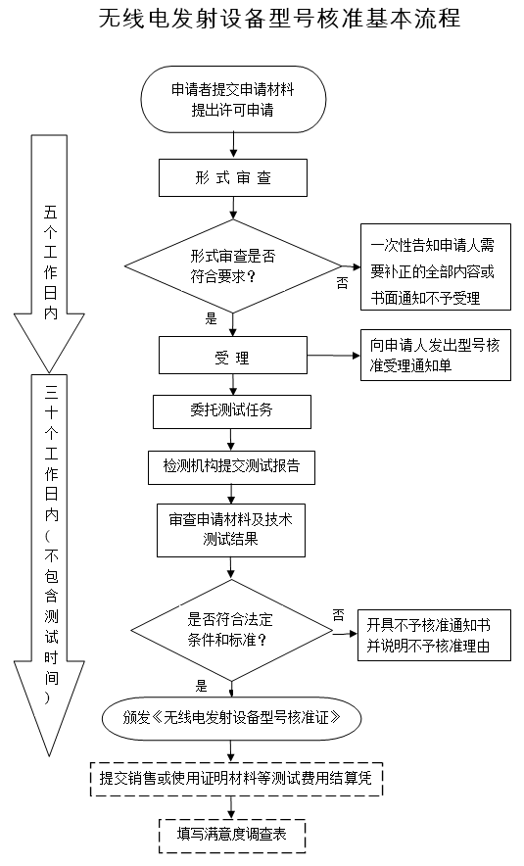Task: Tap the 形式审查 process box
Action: [x=232, y=179]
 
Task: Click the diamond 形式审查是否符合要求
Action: [x=232, y=265]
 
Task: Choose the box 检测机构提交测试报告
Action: [x=232, y=467]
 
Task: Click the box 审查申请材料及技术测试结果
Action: [x=232, y=530]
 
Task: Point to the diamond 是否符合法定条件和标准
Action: [x=232, y=629]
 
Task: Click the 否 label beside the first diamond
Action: [x=342, y=282]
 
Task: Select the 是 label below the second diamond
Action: [x=202, y=685]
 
